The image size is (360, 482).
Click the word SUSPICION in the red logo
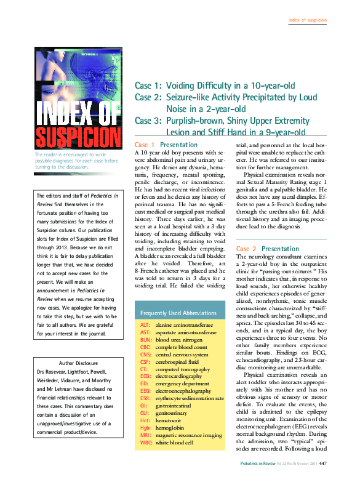click(78, 137)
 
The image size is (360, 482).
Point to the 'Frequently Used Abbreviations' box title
click(179, 312)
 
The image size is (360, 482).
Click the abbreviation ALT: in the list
click(145, 324)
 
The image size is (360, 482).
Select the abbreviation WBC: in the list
click(146, 443)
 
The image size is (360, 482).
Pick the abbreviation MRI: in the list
click(146, 435)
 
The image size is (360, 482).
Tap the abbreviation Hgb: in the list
click(146, 428)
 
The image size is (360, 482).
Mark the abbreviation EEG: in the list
click(146, 391)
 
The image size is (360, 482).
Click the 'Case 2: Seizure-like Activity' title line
click(225, 97)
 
